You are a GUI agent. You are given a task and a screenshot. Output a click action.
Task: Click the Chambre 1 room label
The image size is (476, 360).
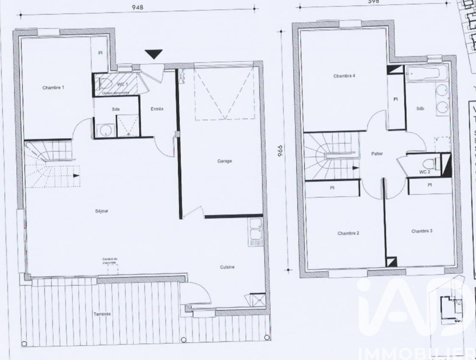pos(53,88)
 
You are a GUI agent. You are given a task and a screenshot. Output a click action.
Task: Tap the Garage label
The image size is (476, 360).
pos(225,161)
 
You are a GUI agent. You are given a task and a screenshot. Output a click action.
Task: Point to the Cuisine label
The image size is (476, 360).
pos(227,267)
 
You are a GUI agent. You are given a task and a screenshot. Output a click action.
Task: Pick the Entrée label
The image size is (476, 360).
pos(157,109)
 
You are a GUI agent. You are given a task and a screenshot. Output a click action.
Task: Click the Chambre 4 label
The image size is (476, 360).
pos(344,76)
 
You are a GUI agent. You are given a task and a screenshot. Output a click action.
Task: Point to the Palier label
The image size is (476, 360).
pos(377,154)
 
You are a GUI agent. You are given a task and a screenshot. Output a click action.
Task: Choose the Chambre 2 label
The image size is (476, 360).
pos(348,233)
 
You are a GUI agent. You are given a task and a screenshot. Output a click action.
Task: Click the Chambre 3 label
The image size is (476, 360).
pos(422,231)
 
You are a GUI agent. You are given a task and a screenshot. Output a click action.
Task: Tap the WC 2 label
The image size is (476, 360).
pos(425,172)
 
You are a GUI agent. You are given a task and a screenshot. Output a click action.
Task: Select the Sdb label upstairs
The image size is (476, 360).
pos(420,108)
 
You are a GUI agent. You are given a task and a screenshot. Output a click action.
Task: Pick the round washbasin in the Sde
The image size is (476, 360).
pos(104,130)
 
